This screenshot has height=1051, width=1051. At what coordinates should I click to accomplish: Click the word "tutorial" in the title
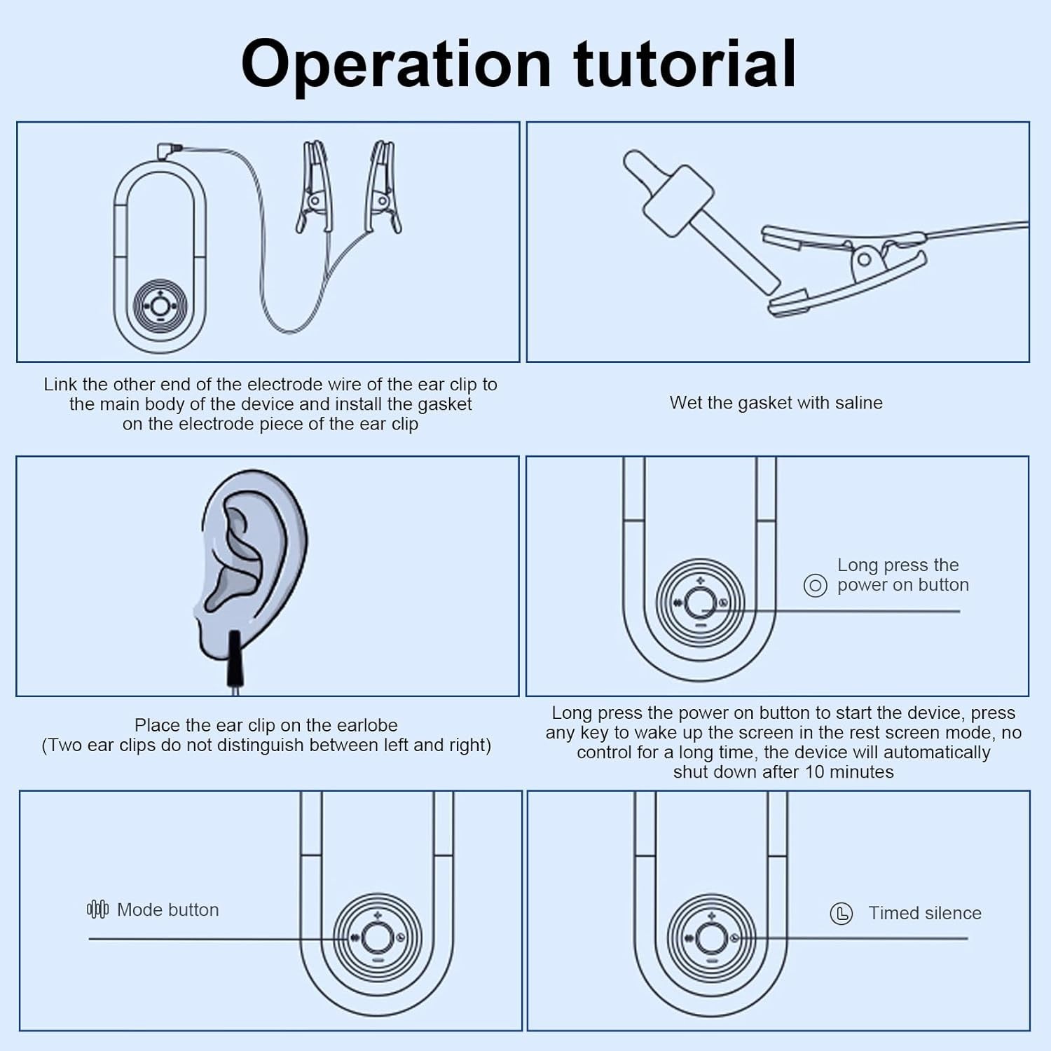tap(685, 64)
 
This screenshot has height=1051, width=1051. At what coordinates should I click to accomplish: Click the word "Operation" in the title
tap(396, 65)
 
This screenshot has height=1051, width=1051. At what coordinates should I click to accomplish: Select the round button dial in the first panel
tap(160, 306)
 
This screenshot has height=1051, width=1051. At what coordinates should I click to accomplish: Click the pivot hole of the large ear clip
tap(865, 260)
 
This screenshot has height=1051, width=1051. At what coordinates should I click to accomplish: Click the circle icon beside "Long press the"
tap(815, 585)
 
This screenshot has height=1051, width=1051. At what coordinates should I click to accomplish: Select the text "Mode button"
tap(167, 909)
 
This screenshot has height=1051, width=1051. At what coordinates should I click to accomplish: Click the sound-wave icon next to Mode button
tap(97, 909)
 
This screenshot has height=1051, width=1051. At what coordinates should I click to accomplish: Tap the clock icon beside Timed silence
tap(841, 914)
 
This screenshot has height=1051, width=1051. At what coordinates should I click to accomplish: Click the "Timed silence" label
tap(924, 913)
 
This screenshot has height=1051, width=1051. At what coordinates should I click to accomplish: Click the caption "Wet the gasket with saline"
tap(776, 403)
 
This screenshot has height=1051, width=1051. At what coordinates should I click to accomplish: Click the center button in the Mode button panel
tap(377, 937)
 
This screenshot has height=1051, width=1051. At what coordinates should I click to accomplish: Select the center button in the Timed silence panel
tap(711, 937)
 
